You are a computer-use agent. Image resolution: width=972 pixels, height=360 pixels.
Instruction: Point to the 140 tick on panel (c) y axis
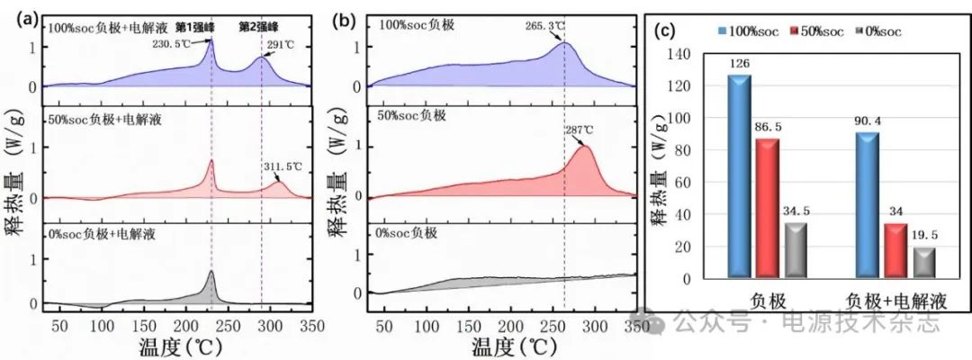point(684,55)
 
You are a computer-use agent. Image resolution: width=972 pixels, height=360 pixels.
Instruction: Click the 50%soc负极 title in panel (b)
point(415,115)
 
